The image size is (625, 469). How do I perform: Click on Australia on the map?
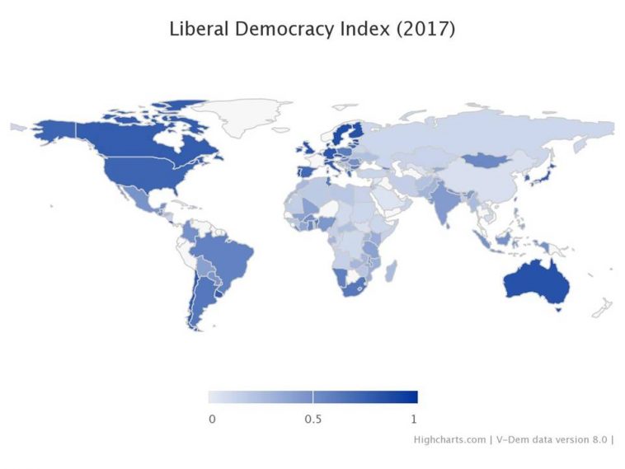536,281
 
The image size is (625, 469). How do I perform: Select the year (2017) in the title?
425,29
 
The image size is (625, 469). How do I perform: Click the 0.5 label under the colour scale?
312,419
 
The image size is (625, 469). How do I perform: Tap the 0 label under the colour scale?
212,419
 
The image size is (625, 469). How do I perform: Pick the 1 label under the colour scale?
413,419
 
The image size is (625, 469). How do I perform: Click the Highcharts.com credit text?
449,439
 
